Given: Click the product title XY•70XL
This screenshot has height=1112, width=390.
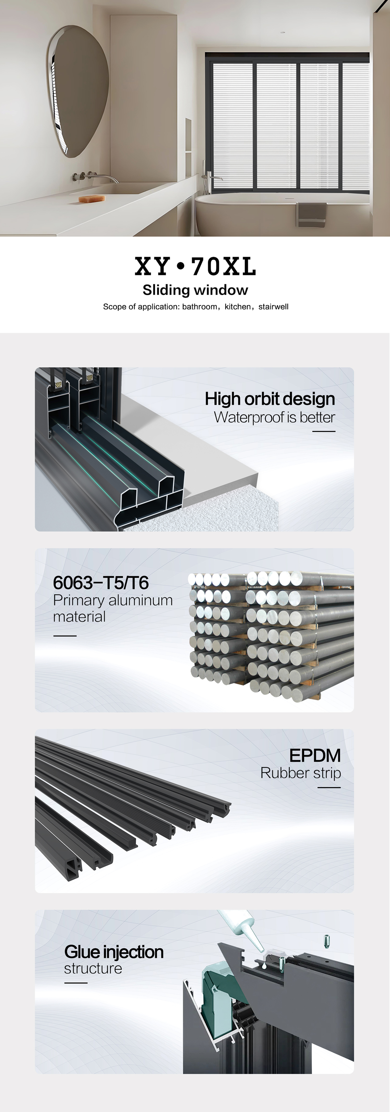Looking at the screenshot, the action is pyautogui.click(x=195, y=266).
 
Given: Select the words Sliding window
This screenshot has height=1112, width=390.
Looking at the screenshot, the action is pyautogui.click(x=195, y=290).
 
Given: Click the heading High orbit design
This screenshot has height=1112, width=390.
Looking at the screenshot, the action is pyautogui.click(x=270, y=399).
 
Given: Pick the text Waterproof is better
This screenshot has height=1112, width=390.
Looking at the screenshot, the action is pyautogui.click(x=275, y=417).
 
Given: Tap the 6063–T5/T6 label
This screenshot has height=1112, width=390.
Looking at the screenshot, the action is pyautogui.click(x=101, y=583).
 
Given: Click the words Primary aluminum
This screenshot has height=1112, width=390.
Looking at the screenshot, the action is pyautogui.click(x=113, y=601).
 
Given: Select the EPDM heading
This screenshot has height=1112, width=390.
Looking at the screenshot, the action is pyautogui.click(x=315, y=755).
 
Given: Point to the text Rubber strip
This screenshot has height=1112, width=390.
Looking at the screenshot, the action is pyautogui.click(x=301, y=773).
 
